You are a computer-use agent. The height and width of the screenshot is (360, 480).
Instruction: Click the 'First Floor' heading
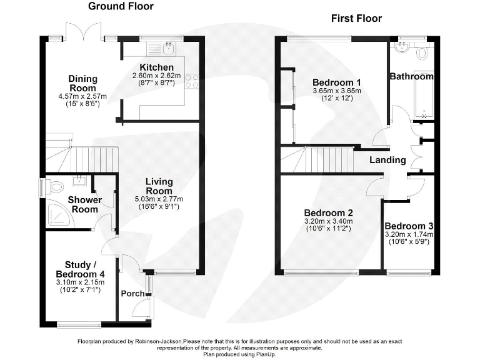pyautogui.click(x=356, y=18)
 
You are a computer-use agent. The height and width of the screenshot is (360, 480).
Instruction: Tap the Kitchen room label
pyautogui.click(x=156, y=67)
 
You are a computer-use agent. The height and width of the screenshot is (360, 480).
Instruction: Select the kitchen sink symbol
pyautogui.click(x=168, y=48)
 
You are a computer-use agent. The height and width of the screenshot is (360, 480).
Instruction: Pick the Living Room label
pyautogui.click(x=159, y=186)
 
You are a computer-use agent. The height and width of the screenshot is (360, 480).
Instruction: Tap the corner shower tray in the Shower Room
pyautogui.click(x=59, y=216)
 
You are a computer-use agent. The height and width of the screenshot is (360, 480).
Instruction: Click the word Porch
pyautogui.click(x=132, y=294)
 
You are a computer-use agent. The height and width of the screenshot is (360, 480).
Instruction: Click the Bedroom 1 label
pyautogui.click(x=336, y=82)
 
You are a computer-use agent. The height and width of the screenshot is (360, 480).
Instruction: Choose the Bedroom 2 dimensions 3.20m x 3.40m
pyautogui.click(x=329, y=221)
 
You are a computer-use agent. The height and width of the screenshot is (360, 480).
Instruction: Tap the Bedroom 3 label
pyautogui.click(x=409, y=226)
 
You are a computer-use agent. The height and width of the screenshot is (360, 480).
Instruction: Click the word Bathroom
pyautogui.click(x=411, y=76)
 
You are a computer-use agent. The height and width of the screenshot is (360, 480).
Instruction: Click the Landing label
pyautogui.click(x=387, y=160)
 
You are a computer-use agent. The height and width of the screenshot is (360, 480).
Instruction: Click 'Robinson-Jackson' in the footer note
pyautogui.click(x=159, y=342)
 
